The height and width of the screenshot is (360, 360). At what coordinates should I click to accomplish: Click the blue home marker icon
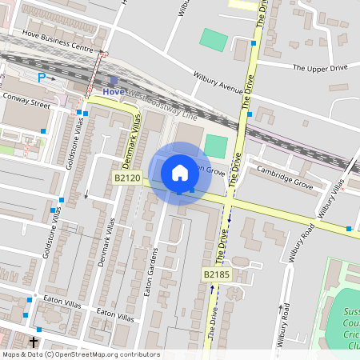coord(180,172)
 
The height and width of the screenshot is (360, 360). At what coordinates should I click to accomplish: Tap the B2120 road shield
coord(127,178)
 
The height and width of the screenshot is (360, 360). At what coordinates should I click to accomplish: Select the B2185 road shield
coord(216,274)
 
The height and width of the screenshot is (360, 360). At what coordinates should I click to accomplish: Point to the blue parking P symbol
coord(42,78)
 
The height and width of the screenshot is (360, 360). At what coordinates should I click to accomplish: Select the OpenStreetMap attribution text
coord(80,354)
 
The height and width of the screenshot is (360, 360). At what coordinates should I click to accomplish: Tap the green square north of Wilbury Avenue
coord(214,39)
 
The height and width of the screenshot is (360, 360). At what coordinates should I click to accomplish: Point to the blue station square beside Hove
coord(114,81)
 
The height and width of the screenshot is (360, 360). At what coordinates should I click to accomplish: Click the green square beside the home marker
coord(216,146)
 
